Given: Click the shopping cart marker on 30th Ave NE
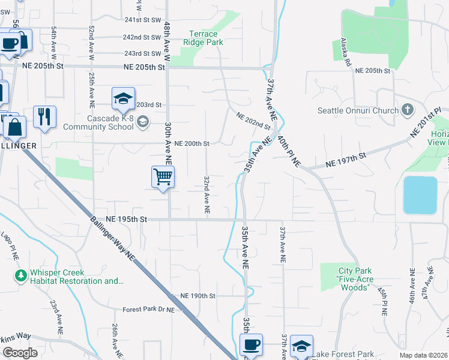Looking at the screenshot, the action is point(163,178).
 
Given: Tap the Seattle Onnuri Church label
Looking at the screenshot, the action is point(364,110).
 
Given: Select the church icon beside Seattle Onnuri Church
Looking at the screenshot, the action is point(408,110).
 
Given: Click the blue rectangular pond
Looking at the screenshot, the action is point(420,195).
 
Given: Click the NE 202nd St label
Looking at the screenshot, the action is point(253,121).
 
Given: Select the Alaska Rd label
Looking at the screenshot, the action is point(349,52).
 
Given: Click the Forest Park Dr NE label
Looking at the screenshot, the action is point(148,310).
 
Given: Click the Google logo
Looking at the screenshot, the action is point(20,353).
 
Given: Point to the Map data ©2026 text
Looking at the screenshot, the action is point(423,355).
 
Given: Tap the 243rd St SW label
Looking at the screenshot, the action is point(142,53).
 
